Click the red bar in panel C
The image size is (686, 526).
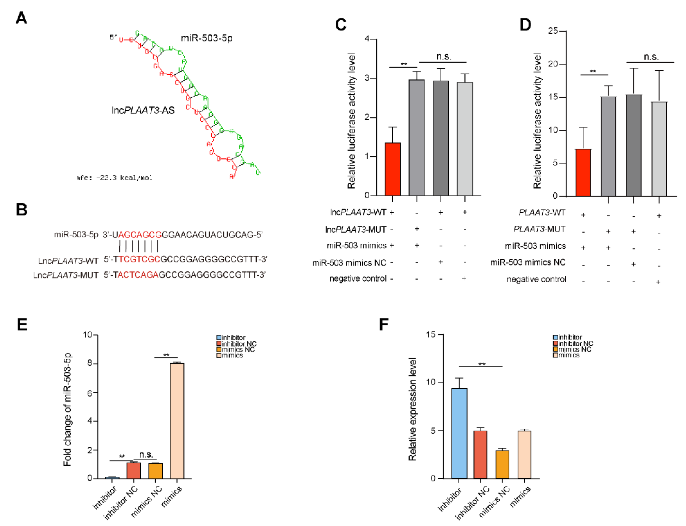click(392, 169)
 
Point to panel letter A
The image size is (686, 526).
click(21, 18)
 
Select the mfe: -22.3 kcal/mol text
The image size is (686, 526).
click(114, 178)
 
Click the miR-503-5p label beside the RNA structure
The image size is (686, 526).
click(207, 38)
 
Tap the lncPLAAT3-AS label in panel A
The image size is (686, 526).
click(143, 110)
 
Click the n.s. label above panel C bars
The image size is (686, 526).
click(444, 57)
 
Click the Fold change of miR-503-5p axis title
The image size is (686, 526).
click(67, 409)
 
